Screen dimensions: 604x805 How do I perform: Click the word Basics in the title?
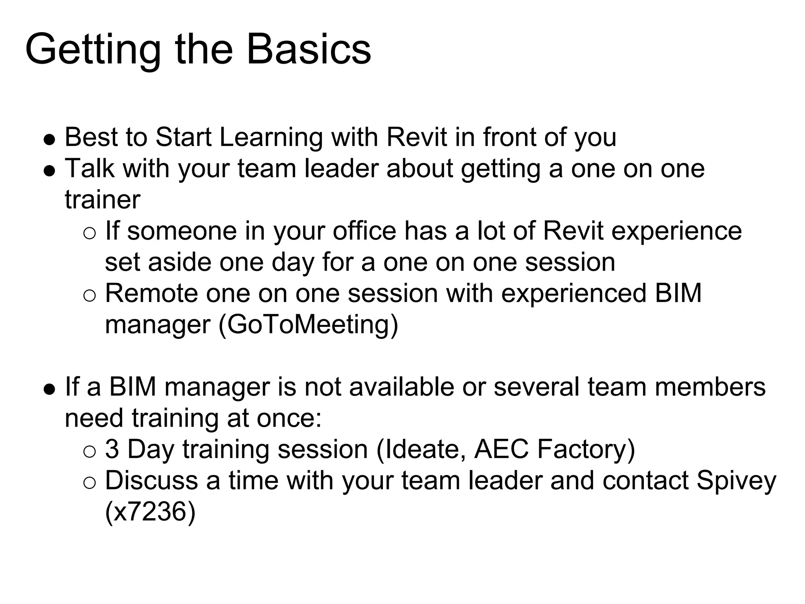pyautogui.click(x=309, y=50)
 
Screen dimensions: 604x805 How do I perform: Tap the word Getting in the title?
pyautogui.click(x=93, y=50)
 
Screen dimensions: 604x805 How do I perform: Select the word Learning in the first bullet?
pyautogui.click(x=271, y=137)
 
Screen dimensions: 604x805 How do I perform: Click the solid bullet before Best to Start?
pyautogui.click(x=49, y=140)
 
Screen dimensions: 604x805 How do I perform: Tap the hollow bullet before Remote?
pyautogui.click(x=90, y=296)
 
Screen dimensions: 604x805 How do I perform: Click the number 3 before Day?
pyautogui.click(x=112, y=449)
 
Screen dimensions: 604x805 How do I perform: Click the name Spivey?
pyautogui.click(x=736, y=481)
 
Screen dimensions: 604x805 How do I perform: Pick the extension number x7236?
pyautogui.click(x=150, y=512)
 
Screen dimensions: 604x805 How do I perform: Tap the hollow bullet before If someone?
pyautogui.click(x=90, y=234)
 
